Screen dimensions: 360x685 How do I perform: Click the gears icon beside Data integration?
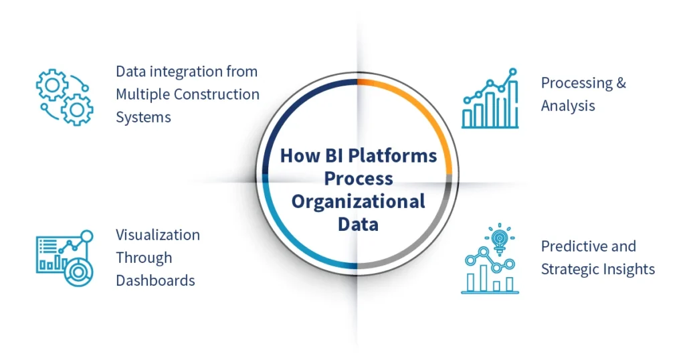click(64, 96)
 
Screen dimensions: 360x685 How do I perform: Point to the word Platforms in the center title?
click(396, 156)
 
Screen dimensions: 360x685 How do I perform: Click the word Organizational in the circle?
click(358, 201)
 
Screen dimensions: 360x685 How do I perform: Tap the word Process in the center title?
click(358, 179)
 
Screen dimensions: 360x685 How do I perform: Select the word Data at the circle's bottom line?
click(358, 223)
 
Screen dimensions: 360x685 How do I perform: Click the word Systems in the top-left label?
click(143, 117)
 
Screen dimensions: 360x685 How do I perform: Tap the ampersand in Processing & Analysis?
click(621, 83)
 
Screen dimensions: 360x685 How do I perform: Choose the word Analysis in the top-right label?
click(568, 106)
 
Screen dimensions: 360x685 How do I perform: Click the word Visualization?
click(158, 235)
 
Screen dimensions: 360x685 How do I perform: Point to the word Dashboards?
click(155, 280)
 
